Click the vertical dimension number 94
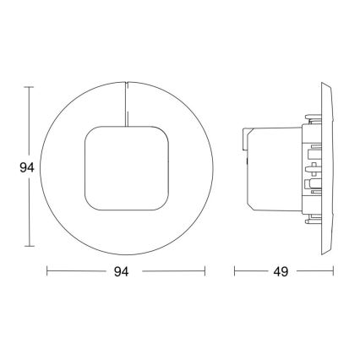point(26,166)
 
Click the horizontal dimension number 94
point(125,272)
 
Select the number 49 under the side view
point(281,272)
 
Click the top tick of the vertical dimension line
point(30,86)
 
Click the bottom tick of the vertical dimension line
point(30,246)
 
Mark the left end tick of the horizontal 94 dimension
point(46,272)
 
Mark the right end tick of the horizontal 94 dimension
point(205,272)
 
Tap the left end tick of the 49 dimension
point(235,272)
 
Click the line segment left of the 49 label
point(251,272)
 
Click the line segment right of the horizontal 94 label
point(173,272)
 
